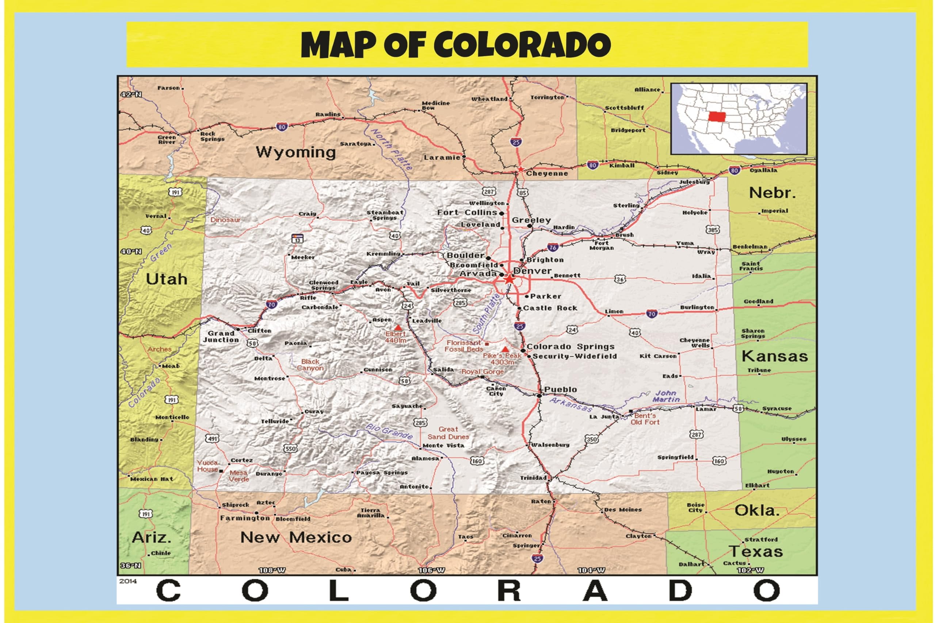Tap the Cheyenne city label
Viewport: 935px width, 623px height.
[547, 174]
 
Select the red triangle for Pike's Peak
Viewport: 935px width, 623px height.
[505, 349]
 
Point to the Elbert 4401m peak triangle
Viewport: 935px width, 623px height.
[397, 328]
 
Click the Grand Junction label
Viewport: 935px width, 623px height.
[221, 337]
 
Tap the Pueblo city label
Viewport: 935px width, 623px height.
[560, 390]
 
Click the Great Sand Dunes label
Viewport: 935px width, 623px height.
[448, 433]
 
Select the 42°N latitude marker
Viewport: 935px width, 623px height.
[131, 94]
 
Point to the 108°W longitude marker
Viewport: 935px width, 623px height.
[272, 570]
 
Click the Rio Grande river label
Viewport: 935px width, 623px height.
[389, 431]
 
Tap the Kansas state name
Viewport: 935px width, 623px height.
[774, 357]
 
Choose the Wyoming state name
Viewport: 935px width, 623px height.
[296, 152]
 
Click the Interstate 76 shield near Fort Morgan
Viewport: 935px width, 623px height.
[553, 247]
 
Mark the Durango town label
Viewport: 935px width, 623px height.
[269, 474]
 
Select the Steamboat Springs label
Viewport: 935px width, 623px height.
[385, 215]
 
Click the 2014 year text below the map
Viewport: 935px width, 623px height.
[127, 581]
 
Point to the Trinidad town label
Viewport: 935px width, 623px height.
[533, 478]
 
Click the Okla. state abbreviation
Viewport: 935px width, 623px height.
[756, 511]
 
